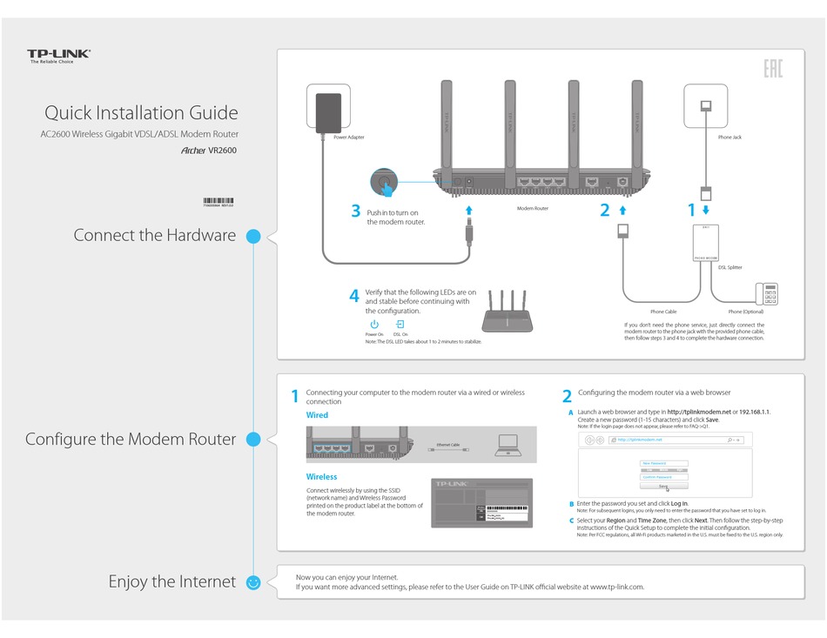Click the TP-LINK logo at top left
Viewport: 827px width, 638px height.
[x=58, y=55]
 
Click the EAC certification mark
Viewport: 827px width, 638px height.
[x=772, y=69]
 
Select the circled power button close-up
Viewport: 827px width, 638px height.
[x=383, y=183]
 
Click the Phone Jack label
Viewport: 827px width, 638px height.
[x=730, y=138]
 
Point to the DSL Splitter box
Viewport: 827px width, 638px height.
[x=705, y=243]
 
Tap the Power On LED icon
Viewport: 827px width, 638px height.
[x=374, y=325]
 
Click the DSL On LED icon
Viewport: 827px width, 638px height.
[x=400, y=325]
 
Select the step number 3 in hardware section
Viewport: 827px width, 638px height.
[x=355, y=211]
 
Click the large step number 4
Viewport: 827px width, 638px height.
[x=354, y=296]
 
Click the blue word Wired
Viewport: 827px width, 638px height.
[x=317, y=415]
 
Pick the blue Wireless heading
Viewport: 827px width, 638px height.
[x=321, y=477]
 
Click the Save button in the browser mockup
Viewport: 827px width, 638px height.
[x=663, y=487]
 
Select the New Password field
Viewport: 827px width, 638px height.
[x=663, y=463]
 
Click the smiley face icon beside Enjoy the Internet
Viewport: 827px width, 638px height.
[x=253, y=582]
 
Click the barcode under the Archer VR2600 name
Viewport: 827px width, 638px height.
[x=218, y=201]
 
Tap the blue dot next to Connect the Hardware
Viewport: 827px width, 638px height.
[x=253, y=236]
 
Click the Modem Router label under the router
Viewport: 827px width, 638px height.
[x=533, y=209]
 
